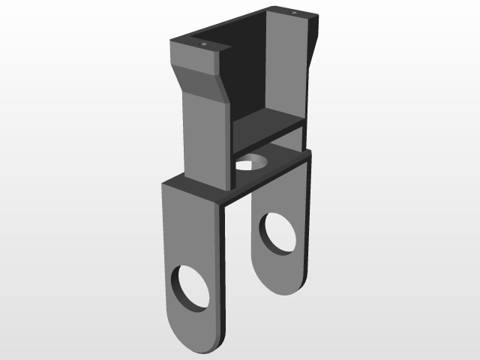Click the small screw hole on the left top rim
pos(203,45)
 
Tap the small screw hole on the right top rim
pos(294,13)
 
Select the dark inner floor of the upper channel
pos(266,124)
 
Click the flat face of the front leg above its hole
pos(187,225)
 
